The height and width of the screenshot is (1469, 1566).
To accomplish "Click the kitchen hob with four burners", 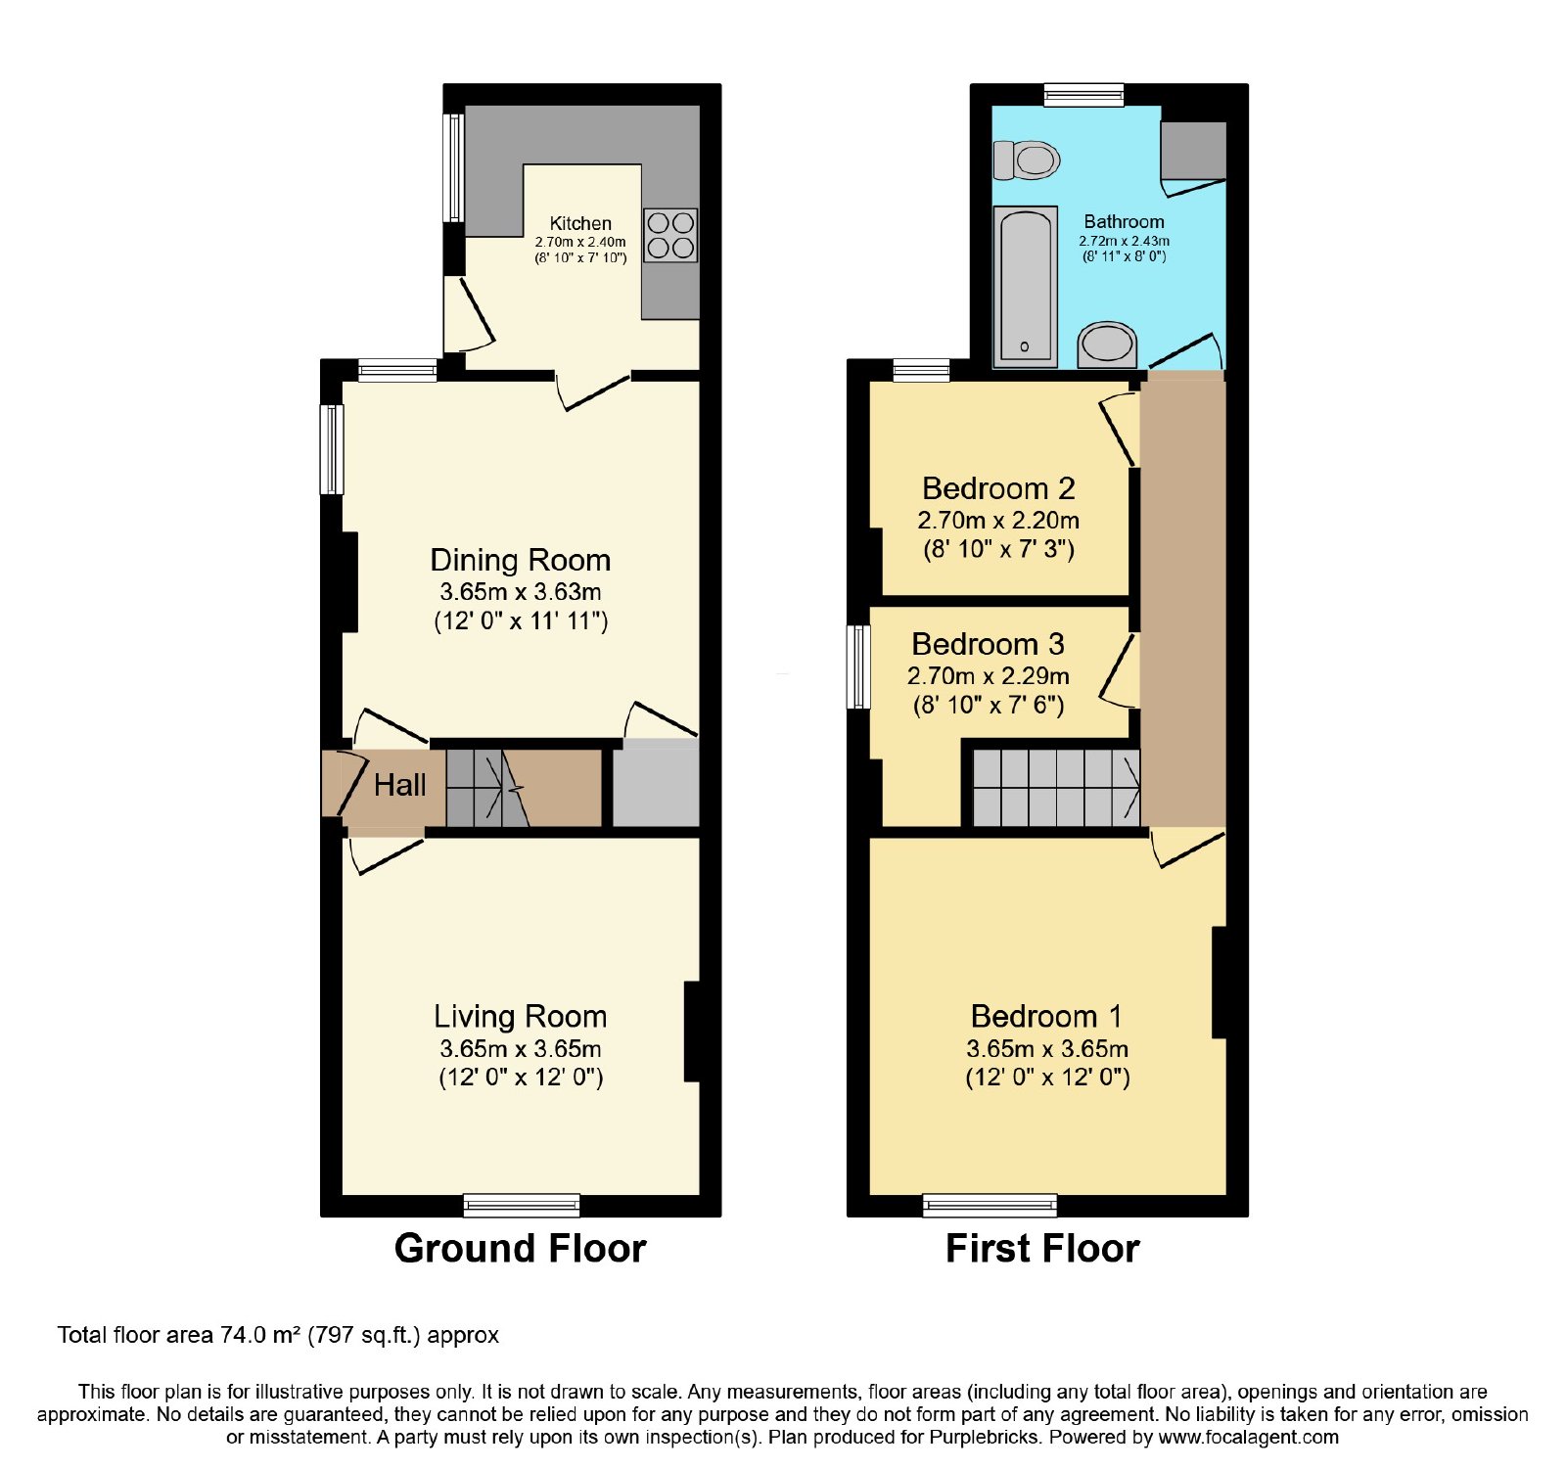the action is [x=670, y=235].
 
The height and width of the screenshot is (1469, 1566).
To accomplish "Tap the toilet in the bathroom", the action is [x=1027, y=160].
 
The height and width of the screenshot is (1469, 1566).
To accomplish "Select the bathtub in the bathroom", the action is [x=1025, y=286].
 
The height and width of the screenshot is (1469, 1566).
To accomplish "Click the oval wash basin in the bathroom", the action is [x=1107, y=344].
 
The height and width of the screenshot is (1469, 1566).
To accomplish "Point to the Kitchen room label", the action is [x=580, y=223].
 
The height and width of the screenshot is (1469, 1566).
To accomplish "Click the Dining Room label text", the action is [x=521, y=560].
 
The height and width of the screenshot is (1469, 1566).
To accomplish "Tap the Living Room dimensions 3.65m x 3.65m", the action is [x=521, y=1048].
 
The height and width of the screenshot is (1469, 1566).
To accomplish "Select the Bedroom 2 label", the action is [x=998, y=488].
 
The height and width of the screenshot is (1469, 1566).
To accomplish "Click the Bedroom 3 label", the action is [x=988, y=644].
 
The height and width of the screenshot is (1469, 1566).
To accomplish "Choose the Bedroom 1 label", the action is [x=1046, y=1016].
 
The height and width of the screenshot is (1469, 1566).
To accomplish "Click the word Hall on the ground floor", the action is [x=399, y=785].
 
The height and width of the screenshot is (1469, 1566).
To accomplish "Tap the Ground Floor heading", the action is [x=521, y=1249].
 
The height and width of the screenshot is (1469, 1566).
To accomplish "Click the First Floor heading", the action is [x=1042, y=1249].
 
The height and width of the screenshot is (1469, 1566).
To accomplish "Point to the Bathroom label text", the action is [x=1125, y=222].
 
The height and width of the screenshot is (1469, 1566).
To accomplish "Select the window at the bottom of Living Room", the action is [x=522, y=1205].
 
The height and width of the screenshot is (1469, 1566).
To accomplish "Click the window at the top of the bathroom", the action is [x=1083, y=95].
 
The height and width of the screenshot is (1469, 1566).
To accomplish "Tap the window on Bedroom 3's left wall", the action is [x=858, y=666].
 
